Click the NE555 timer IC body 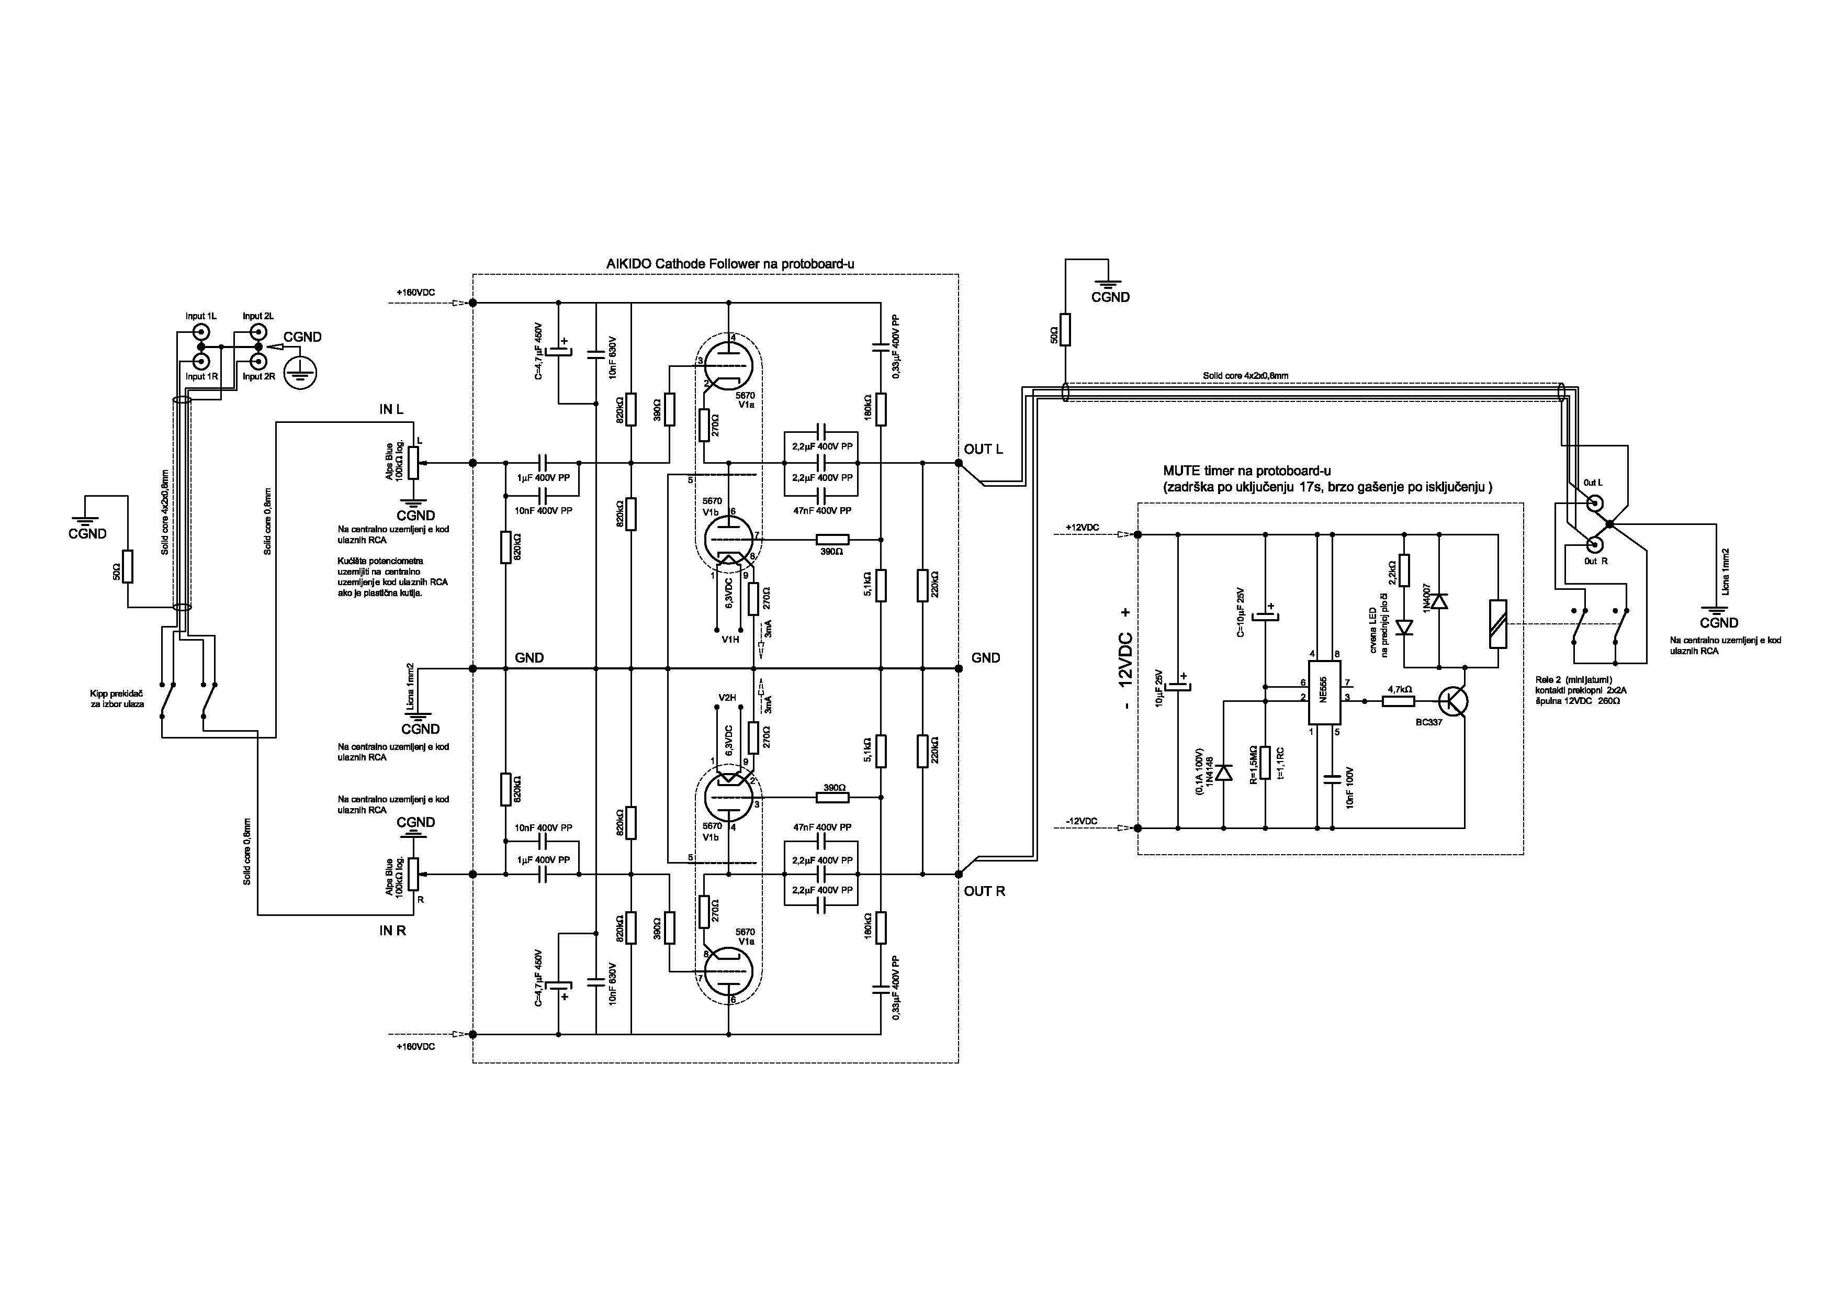pyautogui.click(x=1324, y=693)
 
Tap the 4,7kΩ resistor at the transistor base pyautogui.click(x=1399, y=701)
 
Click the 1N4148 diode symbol pyautogui.click(x=1223, y=773)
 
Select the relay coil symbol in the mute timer pyautogui.click(x=1498, y=624)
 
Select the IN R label pyautogui.click(x=392, y=931)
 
